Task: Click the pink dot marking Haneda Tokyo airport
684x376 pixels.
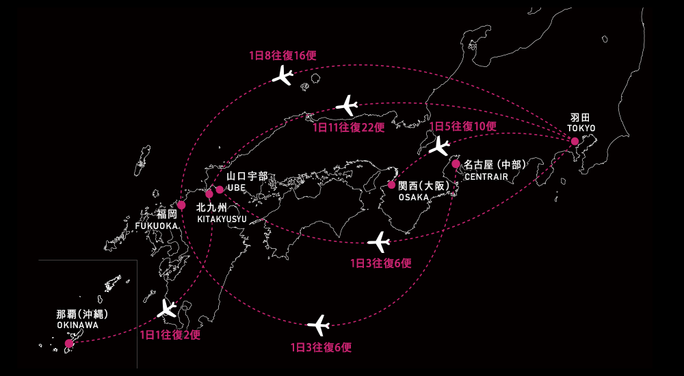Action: click(575, 142)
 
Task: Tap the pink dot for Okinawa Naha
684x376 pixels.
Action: click(69, 343)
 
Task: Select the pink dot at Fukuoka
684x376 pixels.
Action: click(181, 205)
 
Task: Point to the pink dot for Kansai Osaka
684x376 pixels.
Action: click(391, 185)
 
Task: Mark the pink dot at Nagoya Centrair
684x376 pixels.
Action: click(456, 163)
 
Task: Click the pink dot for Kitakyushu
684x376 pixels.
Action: click(209, 194)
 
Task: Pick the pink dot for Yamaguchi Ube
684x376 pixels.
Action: click(220, 189)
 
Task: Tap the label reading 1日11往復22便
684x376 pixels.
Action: click(348, 127)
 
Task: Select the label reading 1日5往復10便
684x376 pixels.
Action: click(463, 126)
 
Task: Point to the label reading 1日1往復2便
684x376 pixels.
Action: click(170, 335)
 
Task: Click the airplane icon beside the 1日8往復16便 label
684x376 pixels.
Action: click(282, 76)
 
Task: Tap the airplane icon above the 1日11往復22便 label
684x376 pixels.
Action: click(347, 105)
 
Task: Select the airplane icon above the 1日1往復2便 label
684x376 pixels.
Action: click(167, 308)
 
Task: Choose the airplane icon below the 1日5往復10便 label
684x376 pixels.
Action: click(439, 146)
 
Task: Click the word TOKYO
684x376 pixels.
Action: click(581, 128)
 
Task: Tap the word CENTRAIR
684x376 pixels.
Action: click(486, 176)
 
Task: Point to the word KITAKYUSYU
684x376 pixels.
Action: click(222, 219)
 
